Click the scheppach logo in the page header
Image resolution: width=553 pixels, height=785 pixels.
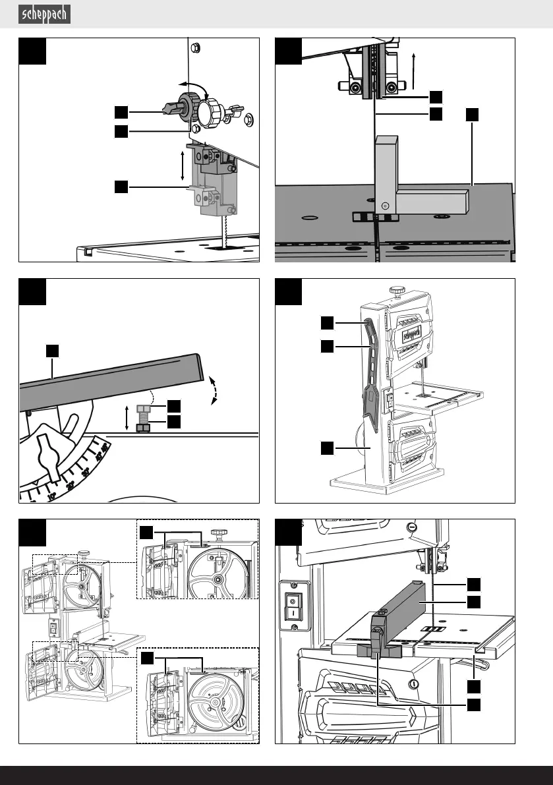(45, 14)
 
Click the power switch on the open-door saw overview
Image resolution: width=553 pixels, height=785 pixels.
(54, 630)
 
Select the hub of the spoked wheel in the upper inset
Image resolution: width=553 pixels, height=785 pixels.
(217, 579)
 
